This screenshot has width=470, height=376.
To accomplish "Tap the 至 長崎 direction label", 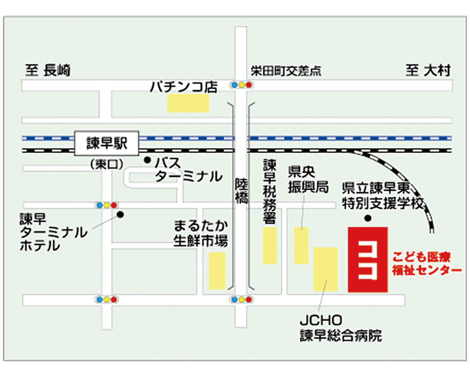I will click(48, 71).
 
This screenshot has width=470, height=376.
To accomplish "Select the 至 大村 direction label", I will click(428, 71).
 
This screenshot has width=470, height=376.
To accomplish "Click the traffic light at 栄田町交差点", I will click(241, 85).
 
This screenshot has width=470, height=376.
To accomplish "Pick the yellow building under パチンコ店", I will click(188, 103).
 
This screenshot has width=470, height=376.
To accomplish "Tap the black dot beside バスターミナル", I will click(147, 160).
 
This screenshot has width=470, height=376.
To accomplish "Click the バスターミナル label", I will click(188, 170).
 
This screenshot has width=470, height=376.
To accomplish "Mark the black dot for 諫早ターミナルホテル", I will click(120, 215).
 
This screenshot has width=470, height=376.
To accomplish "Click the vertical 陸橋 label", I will click(241, 191).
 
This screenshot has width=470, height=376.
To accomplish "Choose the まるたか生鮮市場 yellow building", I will click(217, 271).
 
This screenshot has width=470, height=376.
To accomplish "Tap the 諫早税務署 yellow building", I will click(270, 245).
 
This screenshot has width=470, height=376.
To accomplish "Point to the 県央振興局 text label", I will click(308, 180).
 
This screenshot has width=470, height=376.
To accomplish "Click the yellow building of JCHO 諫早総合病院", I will click(325, 269).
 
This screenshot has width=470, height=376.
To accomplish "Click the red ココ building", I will click(367, 259).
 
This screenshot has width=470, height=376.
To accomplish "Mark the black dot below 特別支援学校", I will click(368, 218).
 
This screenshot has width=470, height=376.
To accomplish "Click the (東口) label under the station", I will click(107, 164).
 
